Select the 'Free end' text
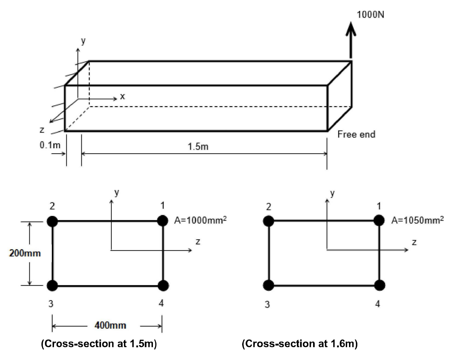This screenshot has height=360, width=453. click(356, 134)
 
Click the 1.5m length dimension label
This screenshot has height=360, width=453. click(198, 147)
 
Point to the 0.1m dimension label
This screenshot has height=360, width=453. click(50, 145)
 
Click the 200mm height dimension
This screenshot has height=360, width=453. click(25, 253)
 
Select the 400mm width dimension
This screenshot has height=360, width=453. click(110, 325)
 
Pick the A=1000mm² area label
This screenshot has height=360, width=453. click(200, 220)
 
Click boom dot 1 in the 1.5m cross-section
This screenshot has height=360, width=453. click(163, 221)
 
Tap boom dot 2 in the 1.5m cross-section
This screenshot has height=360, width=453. click(52, 221)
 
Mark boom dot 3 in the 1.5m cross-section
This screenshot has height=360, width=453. click(52, 285)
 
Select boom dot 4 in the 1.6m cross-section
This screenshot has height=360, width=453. click(379, 285)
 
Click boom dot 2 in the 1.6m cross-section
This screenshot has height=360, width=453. click(269, 221)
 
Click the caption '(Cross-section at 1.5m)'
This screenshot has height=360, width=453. click(99, 344)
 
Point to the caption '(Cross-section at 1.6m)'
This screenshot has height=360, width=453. click(300, 344)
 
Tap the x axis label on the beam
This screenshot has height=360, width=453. click(122, 96)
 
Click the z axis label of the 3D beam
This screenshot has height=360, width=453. click(42, 130)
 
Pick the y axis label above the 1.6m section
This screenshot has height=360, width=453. click(332, 193)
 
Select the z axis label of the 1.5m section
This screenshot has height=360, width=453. click(198, 242)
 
